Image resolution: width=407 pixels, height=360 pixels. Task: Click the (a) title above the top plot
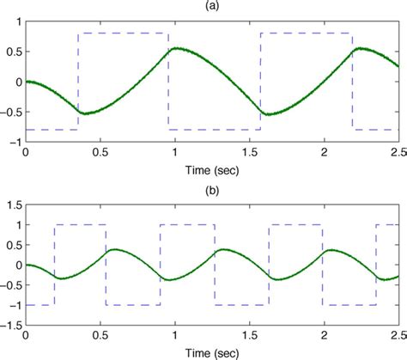point(211,6)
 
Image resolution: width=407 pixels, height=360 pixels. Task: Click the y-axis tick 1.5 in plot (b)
point(12,205)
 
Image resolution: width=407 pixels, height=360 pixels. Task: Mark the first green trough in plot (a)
point(83,113)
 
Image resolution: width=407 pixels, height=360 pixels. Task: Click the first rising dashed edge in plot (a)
point(78,82)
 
